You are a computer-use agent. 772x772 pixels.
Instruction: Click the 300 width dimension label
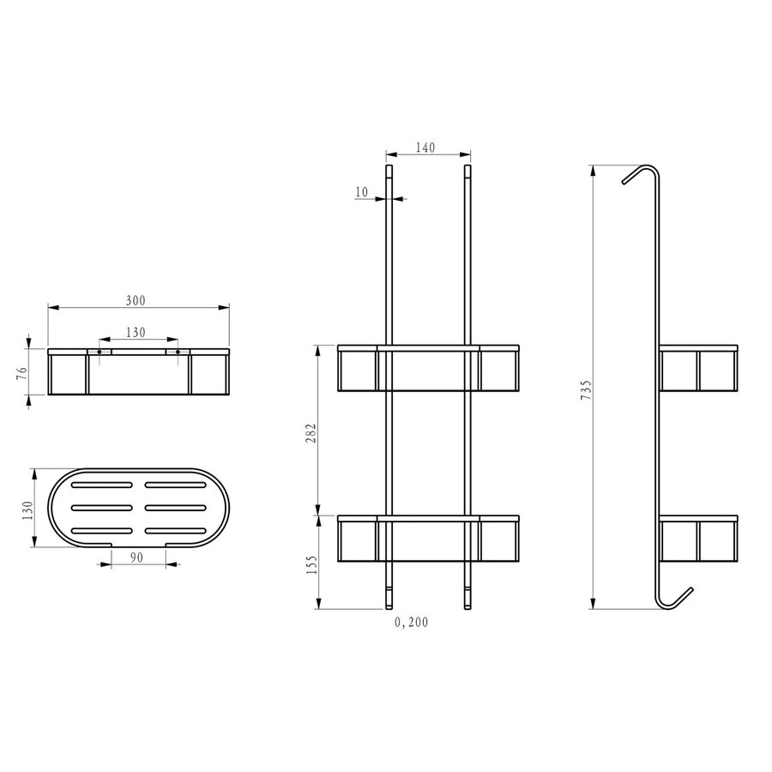[x=136, y=300]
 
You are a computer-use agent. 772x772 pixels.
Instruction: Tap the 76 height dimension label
[x=21, y=373]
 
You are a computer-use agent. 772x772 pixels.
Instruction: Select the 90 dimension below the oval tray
[x=137, y=557]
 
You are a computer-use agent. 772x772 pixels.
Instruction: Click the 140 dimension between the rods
[x=425, y=148]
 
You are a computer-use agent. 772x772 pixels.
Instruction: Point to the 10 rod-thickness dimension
[x=362, y=192]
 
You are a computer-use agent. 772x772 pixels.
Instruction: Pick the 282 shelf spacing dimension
[x=311, y=433]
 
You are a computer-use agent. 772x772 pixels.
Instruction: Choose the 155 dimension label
[x=311, y=564]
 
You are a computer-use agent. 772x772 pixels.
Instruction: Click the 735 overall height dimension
[x=586, y=389]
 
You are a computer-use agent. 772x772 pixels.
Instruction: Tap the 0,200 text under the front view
[x=411, y=623]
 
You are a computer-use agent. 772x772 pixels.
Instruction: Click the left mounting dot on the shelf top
[x=100, y=352]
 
